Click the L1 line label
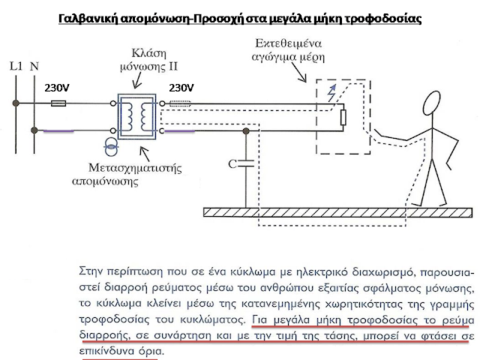[15, 67]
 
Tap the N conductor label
[34, 67]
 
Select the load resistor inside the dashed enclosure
[342, 116]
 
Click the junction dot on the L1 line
[16, 106]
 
